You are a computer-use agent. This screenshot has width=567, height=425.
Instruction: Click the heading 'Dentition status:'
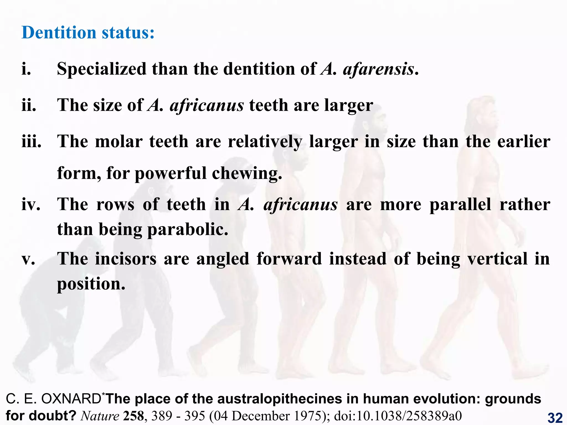coord(88,33)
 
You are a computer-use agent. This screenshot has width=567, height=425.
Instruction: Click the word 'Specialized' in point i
coord(101,69)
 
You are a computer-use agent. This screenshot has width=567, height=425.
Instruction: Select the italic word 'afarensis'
coord(378,69)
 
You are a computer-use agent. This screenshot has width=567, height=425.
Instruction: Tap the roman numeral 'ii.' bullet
coord(29,105)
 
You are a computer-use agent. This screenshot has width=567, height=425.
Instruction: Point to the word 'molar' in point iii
coord(118,142)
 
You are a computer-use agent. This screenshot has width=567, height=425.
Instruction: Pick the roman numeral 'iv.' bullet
coord(31,205)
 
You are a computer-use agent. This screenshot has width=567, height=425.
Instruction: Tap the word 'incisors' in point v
coord(126,259)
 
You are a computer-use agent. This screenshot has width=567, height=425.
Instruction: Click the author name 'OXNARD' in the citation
coord(71,399)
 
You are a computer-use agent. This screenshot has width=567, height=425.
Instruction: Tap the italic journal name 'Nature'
coord(100,416)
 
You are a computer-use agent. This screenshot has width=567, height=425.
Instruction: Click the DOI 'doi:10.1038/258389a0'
coord(398,416)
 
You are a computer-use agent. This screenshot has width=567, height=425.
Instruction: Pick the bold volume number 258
coord(133,416)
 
